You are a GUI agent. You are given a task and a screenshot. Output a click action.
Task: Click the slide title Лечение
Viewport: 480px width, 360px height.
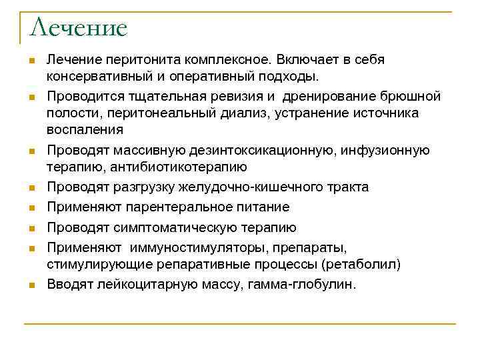coord(78,27)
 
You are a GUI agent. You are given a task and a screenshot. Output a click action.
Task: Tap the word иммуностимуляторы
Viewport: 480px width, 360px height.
coord(198,248)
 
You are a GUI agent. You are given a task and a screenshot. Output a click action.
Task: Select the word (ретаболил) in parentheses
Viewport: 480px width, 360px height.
coord(361,264)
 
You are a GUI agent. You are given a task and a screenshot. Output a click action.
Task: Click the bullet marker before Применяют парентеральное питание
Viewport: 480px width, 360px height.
coord(31,208)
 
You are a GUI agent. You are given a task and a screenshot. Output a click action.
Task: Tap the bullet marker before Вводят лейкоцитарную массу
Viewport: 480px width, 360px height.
coord(31,285)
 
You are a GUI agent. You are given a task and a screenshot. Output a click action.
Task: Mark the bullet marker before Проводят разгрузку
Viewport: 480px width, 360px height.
coord(31,188)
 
